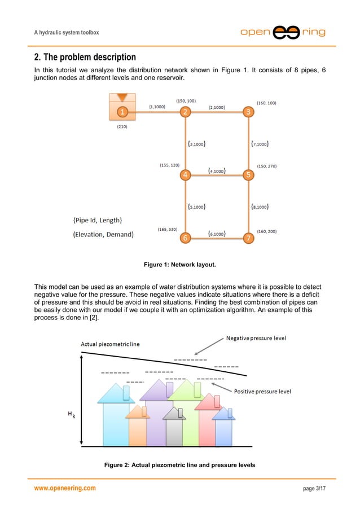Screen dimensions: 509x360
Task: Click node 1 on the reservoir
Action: [121, 112]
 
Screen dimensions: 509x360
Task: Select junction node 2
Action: [185, 112]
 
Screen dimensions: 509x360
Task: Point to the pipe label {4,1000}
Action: [217, 170]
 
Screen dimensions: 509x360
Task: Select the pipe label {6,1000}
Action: [217, 232]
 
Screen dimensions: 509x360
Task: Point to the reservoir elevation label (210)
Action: [122, 127]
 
